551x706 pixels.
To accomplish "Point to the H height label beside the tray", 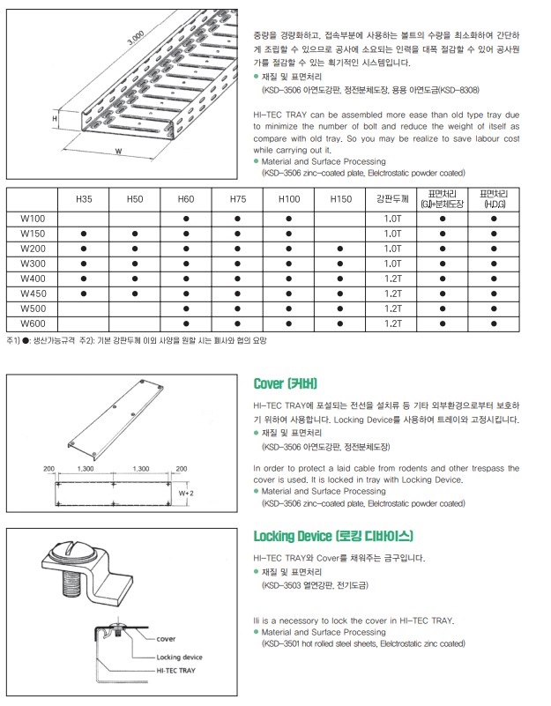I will click(x=55, y=116).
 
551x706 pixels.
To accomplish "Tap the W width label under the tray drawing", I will click(x=117, y=151).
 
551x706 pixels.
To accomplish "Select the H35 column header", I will click(x=83, y=199).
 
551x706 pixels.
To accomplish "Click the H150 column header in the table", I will click(x=340, y=199).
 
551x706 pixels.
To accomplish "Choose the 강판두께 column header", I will click(x=392, y=199).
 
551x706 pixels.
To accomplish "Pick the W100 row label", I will click(x=32, y=218).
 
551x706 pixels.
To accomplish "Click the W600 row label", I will click(x=32, y=323).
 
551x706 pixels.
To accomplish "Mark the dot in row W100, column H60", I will click(x=186, y=218).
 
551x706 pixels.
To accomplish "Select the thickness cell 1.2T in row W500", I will click(x=393, y=308).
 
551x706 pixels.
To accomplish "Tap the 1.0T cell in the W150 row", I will click(x=393, y=233).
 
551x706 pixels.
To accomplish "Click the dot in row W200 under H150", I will click(x=340, y=248).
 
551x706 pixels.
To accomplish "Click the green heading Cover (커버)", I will click(x=285, y=383).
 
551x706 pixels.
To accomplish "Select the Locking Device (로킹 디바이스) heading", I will click(x=332, y=536).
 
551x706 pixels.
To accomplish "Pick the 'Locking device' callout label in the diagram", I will click(x=179, y=657).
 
